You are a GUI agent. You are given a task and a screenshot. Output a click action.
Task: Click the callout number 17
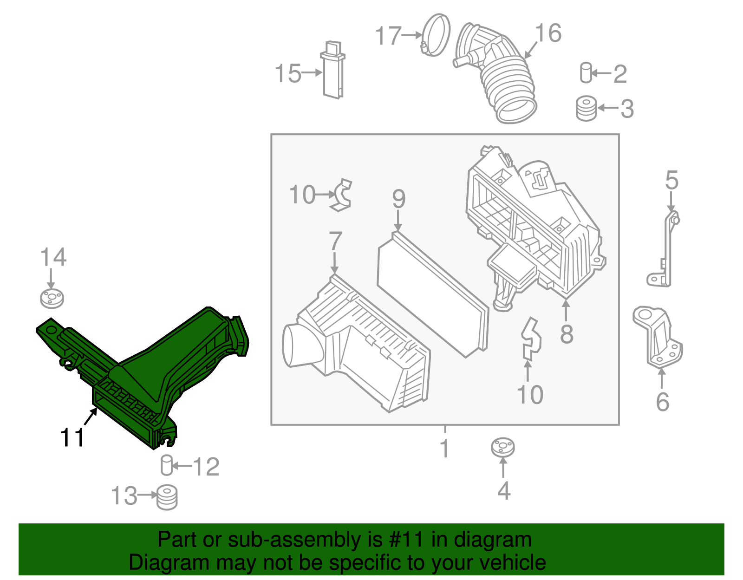point(388,36)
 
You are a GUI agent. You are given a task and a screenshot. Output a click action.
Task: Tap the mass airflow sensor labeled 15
point(332,70)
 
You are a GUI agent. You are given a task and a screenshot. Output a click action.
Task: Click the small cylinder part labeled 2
point(586,72)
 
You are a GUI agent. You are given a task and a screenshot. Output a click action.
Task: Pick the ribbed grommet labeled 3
point(587,108)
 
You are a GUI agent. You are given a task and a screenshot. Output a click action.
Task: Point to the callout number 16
point(548,33)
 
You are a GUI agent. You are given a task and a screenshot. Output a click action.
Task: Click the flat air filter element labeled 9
point(432,294)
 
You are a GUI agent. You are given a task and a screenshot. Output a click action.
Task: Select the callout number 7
point(335,241)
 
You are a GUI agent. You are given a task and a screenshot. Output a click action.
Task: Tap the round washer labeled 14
point(52,299)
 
